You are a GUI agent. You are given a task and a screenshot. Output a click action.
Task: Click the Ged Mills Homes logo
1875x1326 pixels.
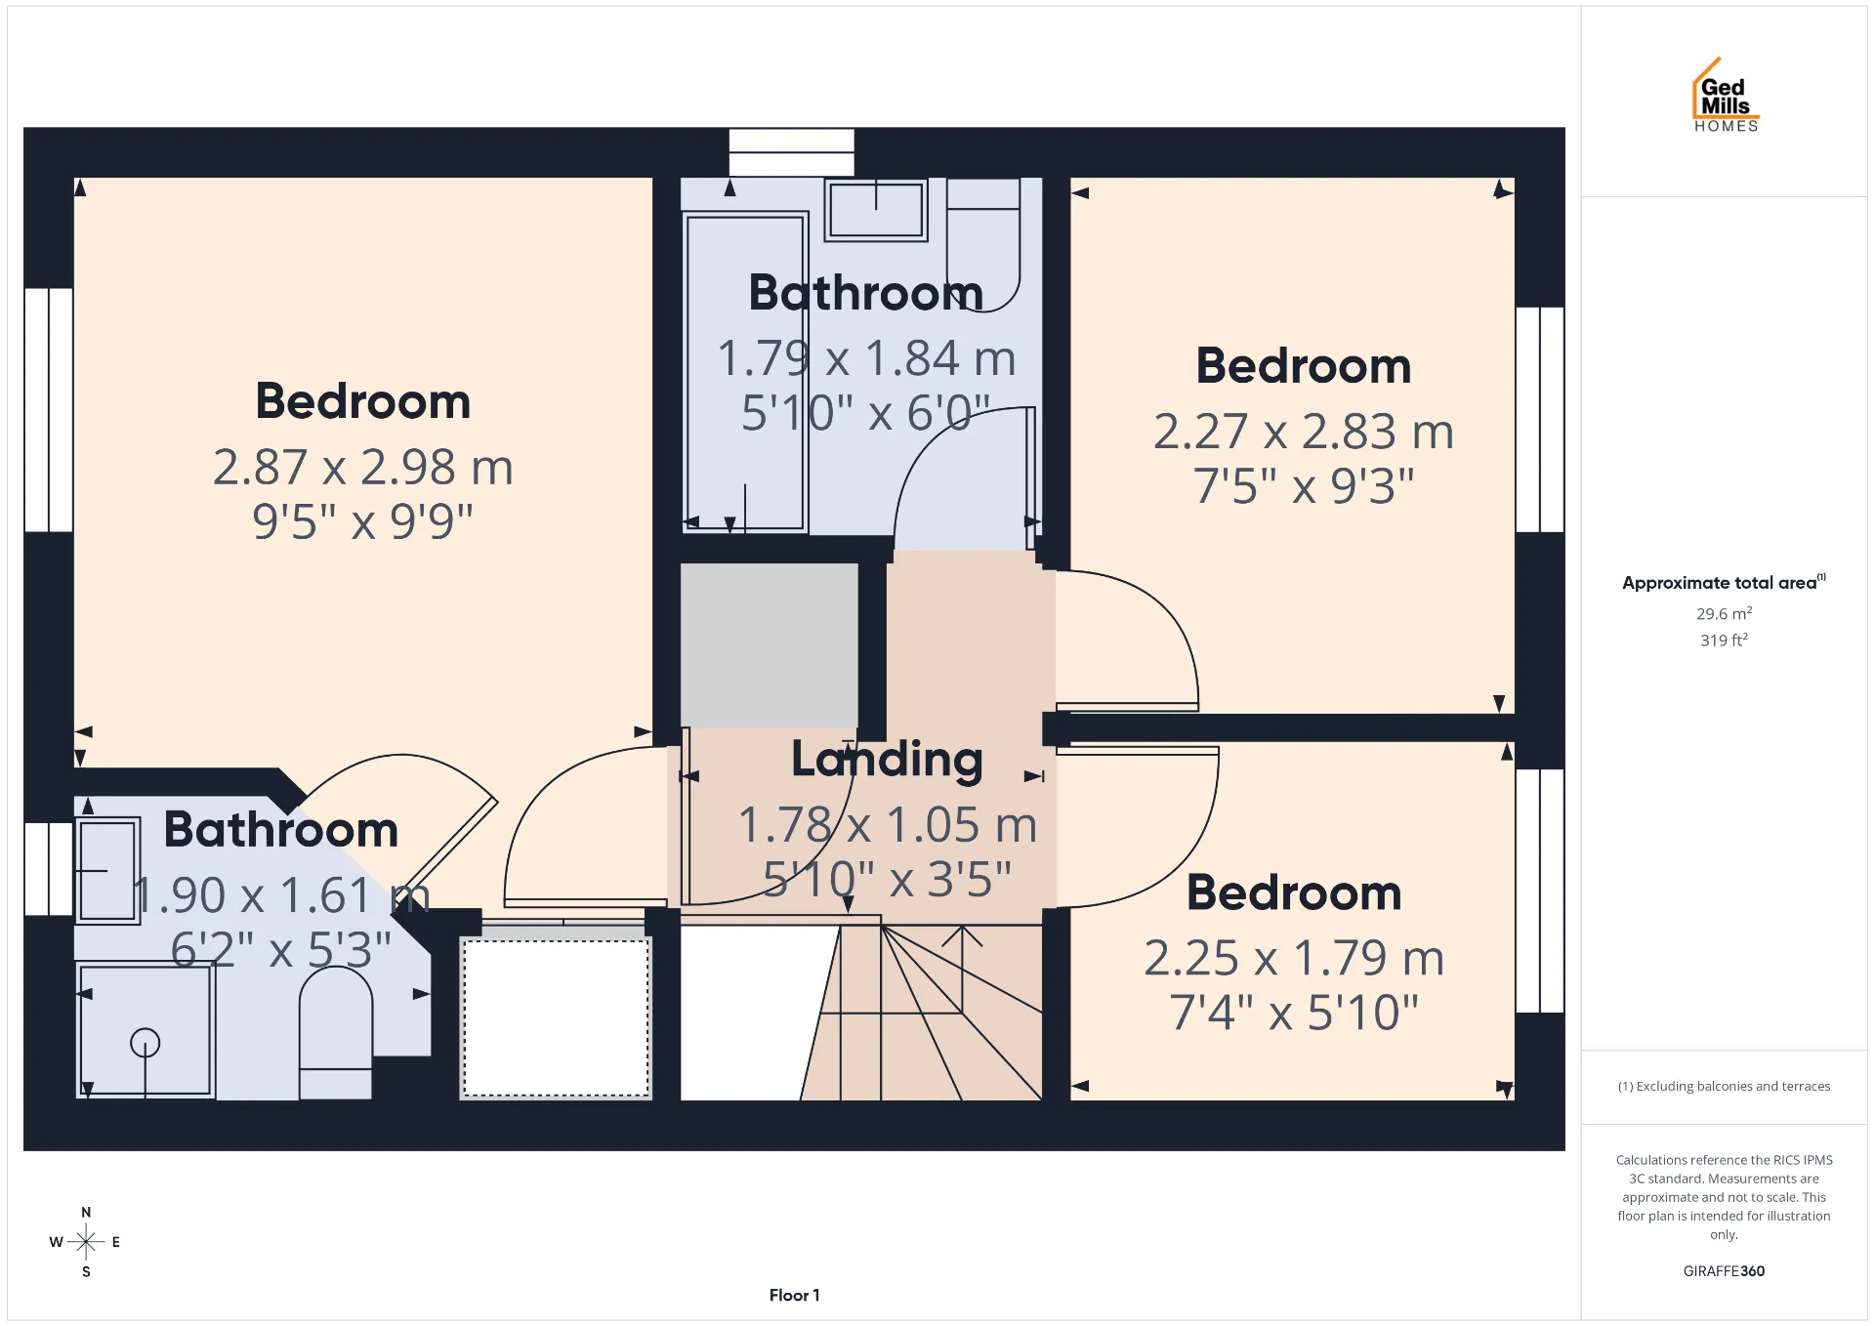[x=1726, y=95]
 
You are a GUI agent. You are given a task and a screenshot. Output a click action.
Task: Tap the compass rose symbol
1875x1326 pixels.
[x=86, y=1242]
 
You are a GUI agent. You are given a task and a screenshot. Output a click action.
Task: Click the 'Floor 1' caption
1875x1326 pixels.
[x=794, y=1295]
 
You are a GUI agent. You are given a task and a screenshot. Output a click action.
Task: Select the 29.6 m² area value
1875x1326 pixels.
[x=1724, y=613]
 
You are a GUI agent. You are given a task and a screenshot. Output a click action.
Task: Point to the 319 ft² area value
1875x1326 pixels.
[x=1724, y=640]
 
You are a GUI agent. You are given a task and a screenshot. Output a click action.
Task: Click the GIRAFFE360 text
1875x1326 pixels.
[x=1724, y=1270]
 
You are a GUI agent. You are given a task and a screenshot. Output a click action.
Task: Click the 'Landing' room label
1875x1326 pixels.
[x=887, y=759]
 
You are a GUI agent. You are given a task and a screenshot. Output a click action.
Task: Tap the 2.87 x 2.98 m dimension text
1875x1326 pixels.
[x=363, y=467]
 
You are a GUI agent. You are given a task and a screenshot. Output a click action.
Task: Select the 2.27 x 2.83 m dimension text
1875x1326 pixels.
[x=1304, y=432]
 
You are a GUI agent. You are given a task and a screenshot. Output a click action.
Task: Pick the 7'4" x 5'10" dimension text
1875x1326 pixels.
[x=1294, y=1013]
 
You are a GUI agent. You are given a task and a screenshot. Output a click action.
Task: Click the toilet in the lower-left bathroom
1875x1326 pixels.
[x=335, y=1033]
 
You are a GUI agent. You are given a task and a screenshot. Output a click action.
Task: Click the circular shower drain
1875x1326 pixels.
[x=146, y=1043]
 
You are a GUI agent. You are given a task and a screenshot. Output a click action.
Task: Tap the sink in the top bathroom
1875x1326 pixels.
[x=876, y=209]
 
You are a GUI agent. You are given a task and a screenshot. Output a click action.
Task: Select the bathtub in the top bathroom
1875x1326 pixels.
[x=745, y=372]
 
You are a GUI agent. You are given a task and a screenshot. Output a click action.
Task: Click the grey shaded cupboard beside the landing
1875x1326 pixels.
[x=770, y=645]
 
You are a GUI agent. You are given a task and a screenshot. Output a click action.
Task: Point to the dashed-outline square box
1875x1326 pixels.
[x=556, y=1017]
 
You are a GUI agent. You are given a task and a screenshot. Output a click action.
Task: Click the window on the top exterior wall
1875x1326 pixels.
[x=791, y=152]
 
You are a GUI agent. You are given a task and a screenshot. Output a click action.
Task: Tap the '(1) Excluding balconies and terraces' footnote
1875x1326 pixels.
[x=1724, y=1086]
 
